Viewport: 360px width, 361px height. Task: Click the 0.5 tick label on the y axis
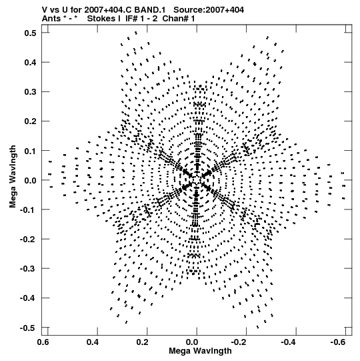[x=31, y=33]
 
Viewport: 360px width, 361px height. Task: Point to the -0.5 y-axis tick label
[x=28, y=328]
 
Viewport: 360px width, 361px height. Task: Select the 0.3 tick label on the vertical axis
[x=31, y=92]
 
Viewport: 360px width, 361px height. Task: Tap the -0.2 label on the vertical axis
[x=28, y=240]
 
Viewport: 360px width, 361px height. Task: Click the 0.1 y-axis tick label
[x=31, y=151]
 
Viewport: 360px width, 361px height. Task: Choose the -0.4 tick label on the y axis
[x=28, y=298]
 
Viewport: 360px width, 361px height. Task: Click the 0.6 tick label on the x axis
[x=43, y=342]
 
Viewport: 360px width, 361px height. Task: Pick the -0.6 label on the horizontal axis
[x=338, y=342]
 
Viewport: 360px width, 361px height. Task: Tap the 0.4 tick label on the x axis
[x=93, y=342]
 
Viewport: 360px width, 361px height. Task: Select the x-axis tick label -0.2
[x=239, y=342]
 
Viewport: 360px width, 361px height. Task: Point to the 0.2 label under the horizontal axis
[x=143, y=342]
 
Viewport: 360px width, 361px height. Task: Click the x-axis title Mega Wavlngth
[x=200, y=351]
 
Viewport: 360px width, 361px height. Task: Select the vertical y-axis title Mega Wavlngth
[x=13, y=177]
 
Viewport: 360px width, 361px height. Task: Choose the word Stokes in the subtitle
[x=104, y=19]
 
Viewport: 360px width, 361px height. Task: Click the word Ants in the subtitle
[x=51, y=19]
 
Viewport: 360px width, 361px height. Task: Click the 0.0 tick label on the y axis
[x=31, y=180]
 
